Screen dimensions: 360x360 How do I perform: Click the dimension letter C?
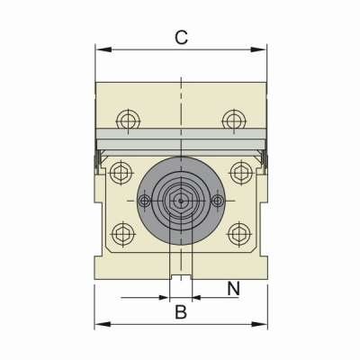click(x=181, y=38)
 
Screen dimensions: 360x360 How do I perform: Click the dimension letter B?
click(x=181, y=312)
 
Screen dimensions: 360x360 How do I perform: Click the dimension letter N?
click(x=234, y=289)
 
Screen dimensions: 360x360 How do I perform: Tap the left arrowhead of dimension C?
click(x=103, y=49)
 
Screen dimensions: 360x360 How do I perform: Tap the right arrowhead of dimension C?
click(x=258, y=49)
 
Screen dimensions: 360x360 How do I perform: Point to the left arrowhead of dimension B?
click(x=103, y=324)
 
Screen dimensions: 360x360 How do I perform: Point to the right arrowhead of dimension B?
click(x=259, y=324)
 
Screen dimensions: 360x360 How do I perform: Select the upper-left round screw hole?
click(x=129, y=121)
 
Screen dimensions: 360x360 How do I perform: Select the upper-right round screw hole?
click(x=234, y=121)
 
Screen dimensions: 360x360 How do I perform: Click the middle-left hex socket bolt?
click(x=121, y=173)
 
